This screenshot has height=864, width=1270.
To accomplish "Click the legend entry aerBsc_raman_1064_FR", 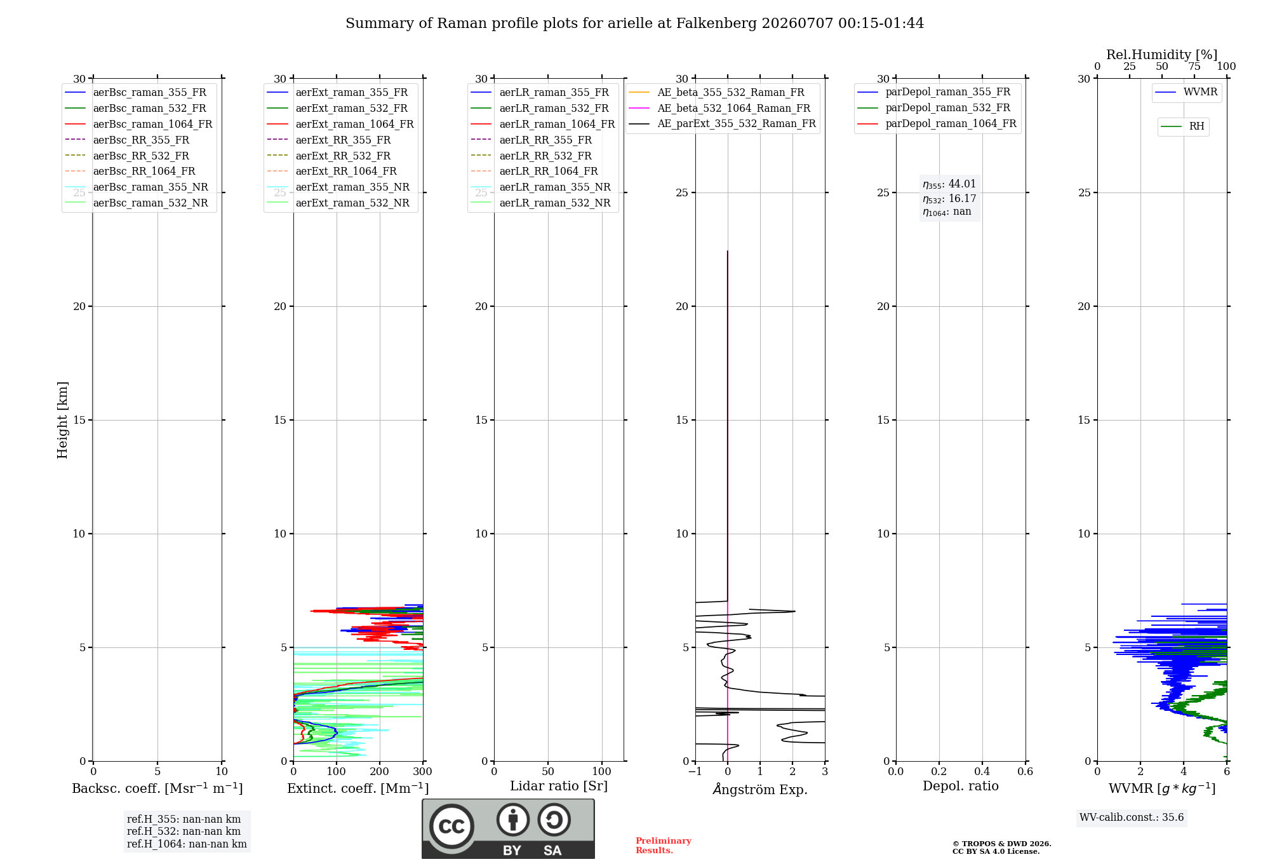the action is (x=138, y=124).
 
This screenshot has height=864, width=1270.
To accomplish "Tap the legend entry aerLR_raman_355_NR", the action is (x=540, y=187).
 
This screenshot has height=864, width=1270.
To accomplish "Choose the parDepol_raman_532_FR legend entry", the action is (x=933, y=107).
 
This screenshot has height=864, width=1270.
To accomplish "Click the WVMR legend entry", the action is (x=1186, y=92).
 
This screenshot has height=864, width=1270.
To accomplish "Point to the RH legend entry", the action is (x=1182, y=126).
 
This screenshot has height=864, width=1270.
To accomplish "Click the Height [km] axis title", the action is (x=62, y=420).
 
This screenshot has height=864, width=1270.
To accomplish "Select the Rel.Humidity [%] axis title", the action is (x=1162, y=55).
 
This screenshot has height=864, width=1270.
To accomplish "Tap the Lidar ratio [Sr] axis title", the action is (x=559, y=786).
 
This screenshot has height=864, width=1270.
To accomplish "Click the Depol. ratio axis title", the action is (x=961, y=786).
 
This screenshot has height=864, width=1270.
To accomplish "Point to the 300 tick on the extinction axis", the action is (x=423, y=771).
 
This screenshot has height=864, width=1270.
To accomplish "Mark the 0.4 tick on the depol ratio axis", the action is (x=982, y=771).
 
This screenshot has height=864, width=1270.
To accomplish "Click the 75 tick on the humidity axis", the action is (x=1194, y=67).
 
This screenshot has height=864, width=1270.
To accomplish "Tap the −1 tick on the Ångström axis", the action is (x=695, y=771).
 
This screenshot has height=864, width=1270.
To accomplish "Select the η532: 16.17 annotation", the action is (x=949, y=198).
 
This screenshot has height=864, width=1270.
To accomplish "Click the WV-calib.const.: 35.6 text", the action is (x=1132, y=817).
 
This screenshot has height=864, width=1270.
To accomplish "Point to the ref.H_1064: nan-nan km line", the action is (x=187, y=844).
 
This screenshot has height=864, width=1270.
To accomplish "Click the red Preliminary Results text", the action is (x=664, y=846).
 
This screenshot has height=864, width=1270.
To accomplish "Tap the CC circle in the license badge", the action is (x=451, y=826).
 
